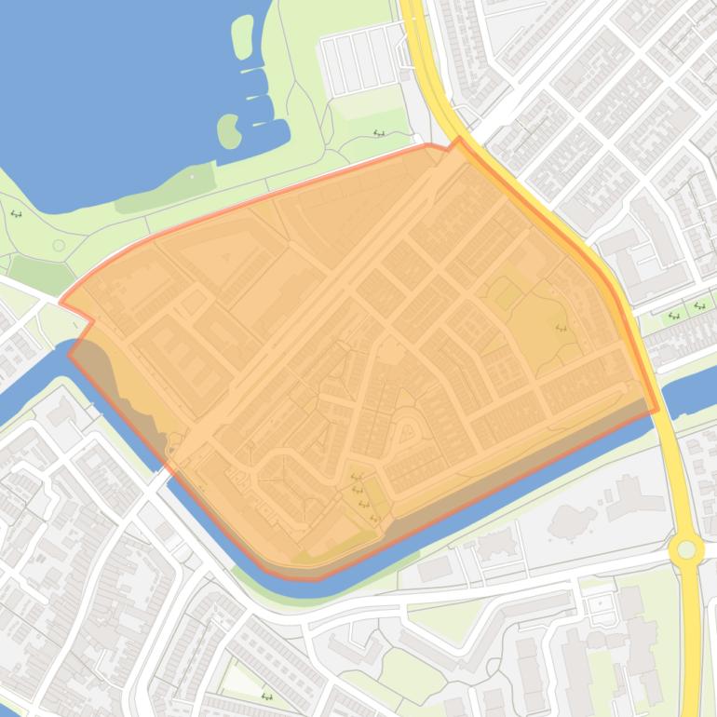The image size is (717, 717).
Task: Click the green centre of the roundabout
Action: (x=686, y=548)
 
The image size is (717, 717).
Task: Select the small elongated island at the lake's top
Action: (x=242, y=34)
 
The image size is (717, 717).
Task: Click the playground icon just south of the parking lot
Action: (x=379, y=133)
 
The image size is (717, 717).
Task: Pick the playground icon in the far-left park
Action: (x=16, y=213)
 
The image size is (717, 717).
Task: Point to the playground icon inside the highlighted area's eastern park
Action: (x=561, y=328)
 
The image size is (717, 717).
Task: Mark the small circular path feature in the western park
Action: (x=59, y=245)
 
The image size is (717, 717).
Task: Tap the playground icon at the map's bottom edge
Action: (x=267, y=696)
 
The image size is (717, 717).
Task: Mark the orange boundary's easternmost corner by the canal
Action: (x=658, y=409)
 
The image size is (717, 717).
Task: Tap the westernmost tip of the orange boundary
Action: (x=61, y=302)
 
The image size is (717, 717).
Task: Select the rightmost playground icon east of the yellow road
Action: (x=699, y=305)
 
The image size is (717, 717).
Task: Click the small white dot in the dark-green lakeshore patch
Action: (x=192, y=176)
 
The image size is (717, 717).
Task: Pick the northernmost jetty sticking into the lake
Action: (x=253, y=70)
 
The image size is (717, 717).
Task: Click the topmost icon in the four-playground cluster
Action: (x=355, y=478)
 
